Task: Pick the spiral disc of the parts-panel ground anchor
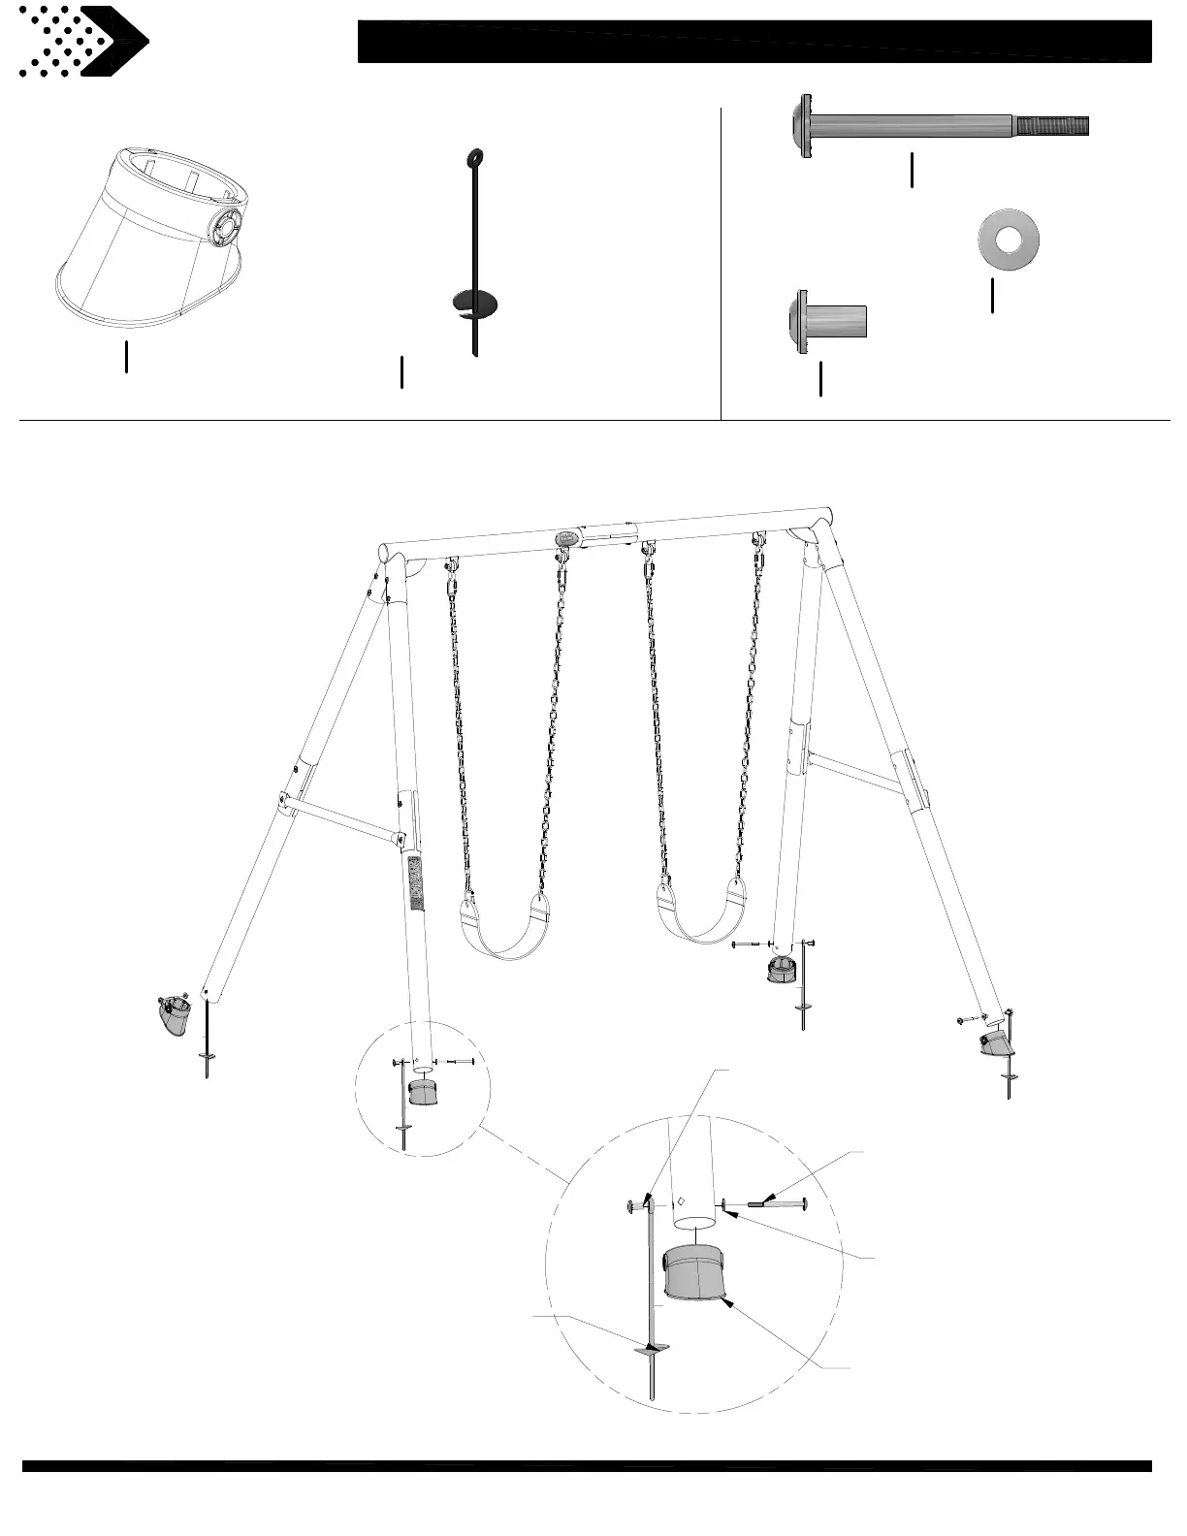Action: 475,304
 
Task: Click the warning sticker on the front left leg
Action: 417,883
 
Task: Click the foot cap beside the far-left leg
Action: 175,1017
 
